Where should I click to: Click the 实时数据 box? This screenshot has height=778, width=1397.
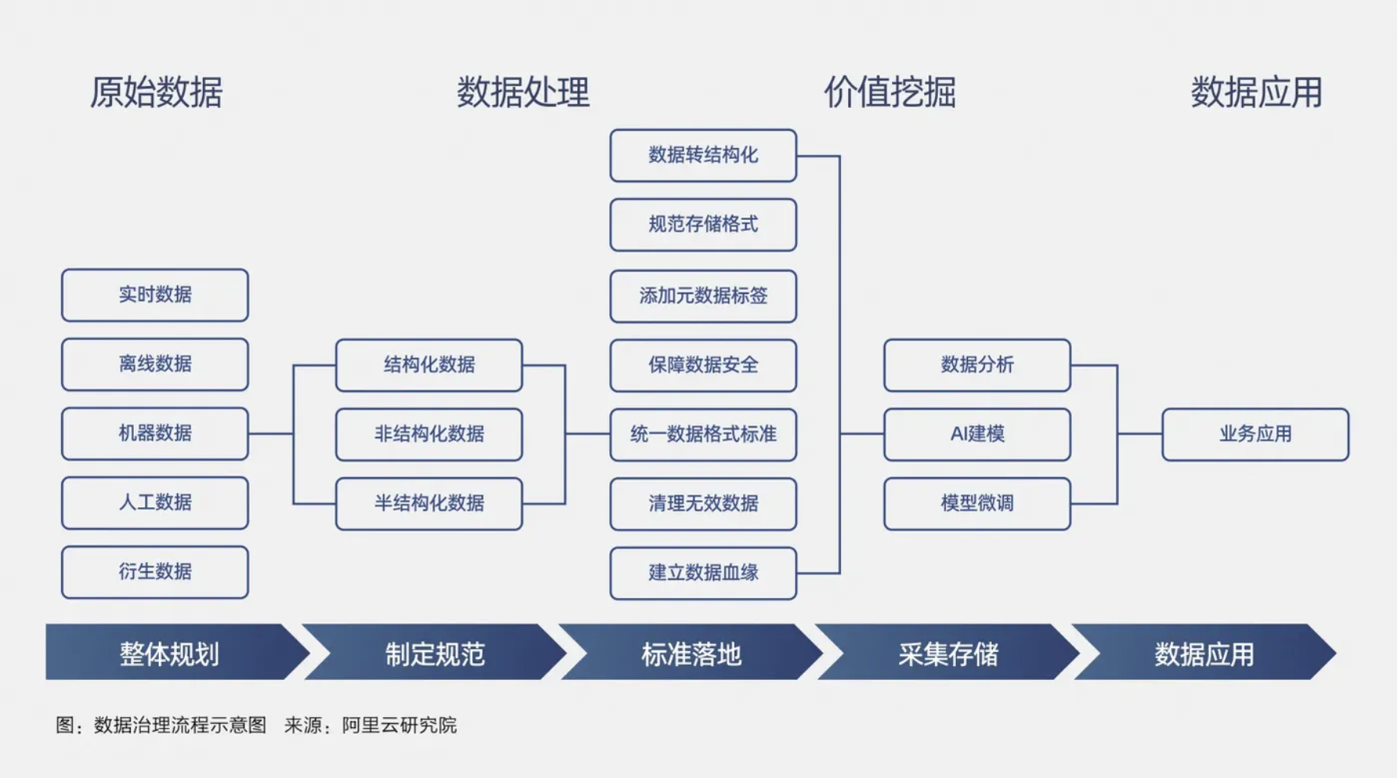155,295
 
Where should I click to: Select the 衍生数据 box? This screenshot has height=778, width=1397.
155,572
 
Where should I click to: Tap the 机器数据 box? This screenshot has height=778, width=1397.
155,434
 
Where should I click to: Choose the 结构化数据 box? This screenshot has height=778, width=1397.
429,365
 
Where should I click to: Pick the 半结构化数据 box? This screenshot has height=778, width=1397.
429,503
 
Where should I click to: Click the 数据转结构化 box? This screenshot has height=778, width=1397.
703,156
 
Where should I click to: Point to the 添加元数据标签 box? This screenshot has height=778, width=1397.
703,296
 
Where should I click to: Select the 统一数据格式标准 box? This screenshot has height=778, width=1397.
703,434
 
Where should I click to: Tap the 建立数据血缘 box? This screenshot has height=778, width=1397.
703,573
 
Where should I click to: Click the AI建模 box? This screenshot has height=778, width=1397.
977,434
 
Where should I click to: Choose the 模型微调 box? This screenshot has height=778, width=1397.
977,503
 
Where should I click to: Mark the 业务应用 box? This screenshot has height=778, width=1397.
1255,434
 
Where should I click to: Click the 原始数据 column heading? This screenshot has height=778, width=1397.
156,92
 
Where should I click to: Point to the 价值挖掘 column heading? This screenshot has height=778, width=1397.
890,92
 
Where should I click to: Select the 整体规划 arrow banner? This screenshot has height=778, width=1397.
169,653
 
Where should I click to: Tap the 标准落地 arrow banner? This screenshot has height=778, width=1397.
691,653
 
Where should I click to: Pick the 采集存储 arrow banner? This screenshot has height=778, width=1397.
948,653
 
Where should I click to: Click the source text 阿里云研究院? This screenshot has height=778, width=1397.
399,726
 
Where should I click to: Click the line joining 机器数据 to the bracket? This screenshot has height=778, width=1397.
271,434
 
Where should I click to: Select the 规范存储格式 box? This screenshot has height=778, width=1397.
703,225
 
